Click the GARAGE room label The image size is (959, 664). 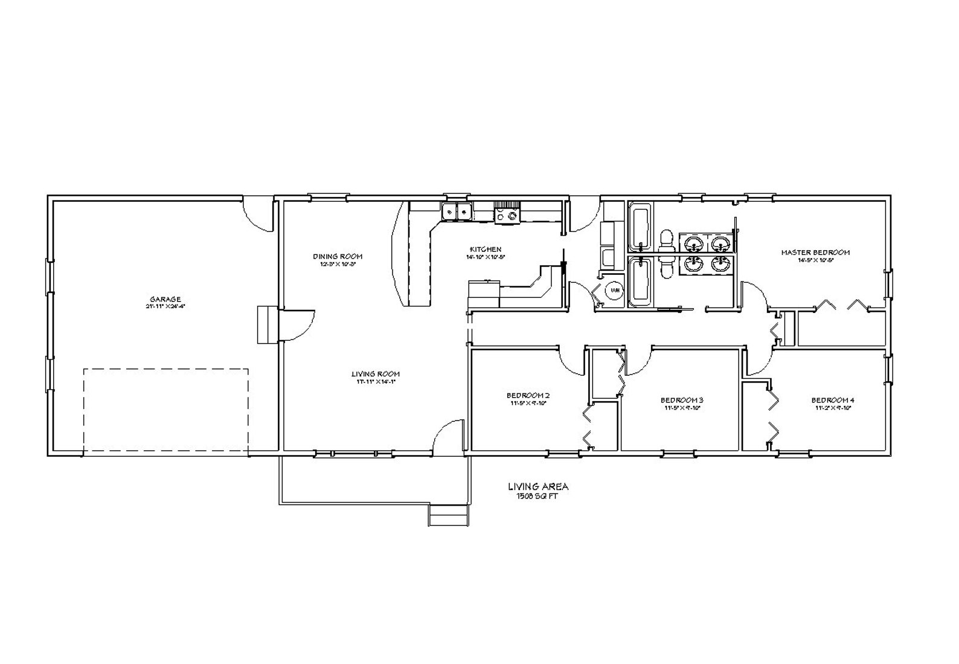(165, 299)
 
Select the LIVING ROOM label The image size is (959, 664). (375, 374)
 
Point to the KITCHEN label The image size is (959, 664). (486, 250)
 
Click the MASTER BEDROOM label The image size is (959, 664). (815, 253)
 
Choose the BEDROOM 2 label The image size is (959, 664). (528, 396)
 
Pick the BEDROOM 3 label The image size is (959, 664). (682, 400)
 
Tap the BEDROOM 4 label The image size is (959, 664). (833, 400)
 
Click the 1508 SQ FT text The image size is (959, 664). (537, 495)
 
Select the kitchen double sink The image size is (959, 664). (457, 212)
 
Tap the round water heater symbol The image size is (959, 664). (614, 291)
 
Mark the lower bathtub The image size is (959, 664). (640, 282)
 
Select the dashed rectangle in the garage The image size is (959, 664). (165, 411)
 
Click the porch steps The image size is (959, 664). (447, 515)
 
